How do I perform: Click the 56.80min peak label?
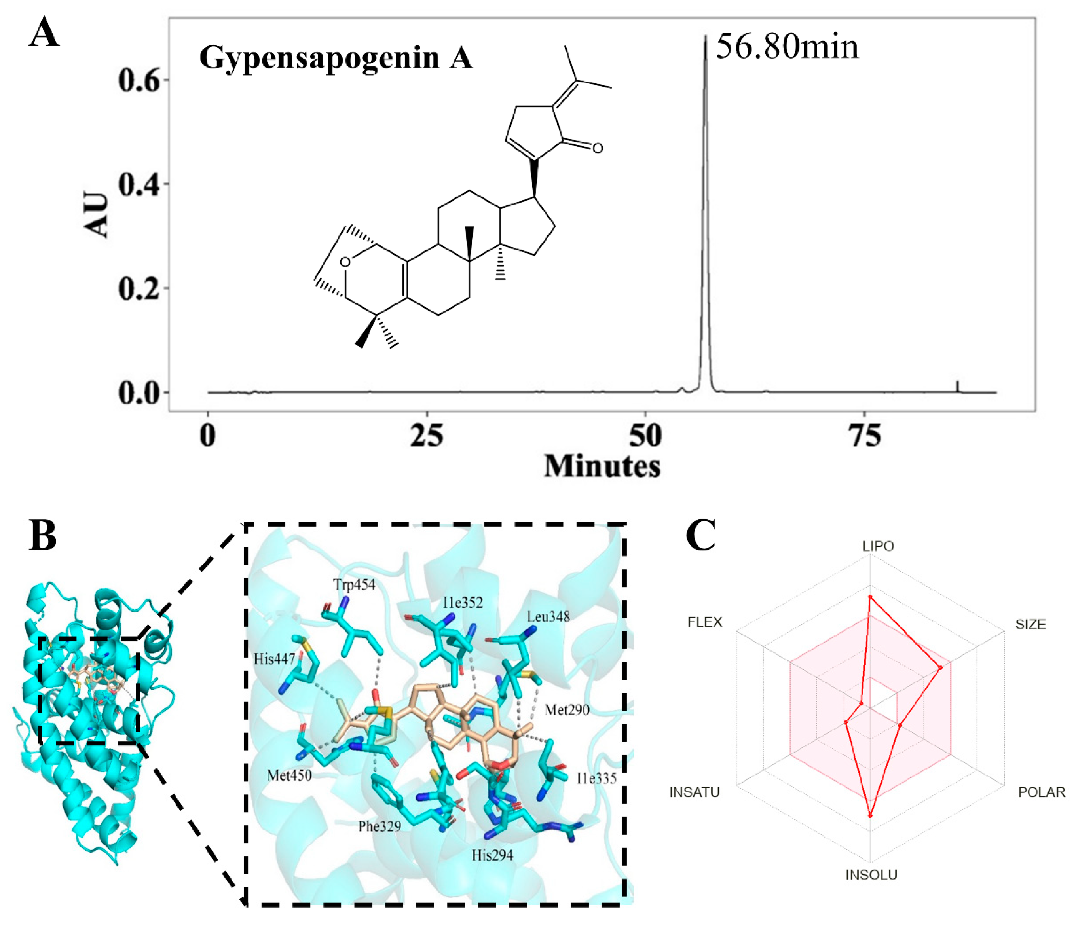click(x=787, y=47)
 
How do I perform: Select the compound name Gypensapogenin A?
click(x=336, y=58)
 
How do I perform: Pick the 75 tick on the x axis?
click(x=864, y=435)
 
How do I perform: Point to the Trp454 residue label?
click(x=354, y=585)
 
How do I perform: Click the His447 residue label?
click(x=274, y=660)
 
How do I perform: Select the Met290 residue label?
click(x=567, y=710)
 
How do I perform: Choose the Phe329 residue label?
click(x=380, y=826)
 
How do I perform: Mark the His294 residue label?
click(x=492, y=855)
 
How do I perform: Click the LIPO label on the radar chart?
click(x=878, y=546)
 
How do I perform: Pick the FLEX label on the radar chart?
click(x=705, y=622)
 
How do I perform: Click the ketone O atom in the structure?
click(x=598, y=148)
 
